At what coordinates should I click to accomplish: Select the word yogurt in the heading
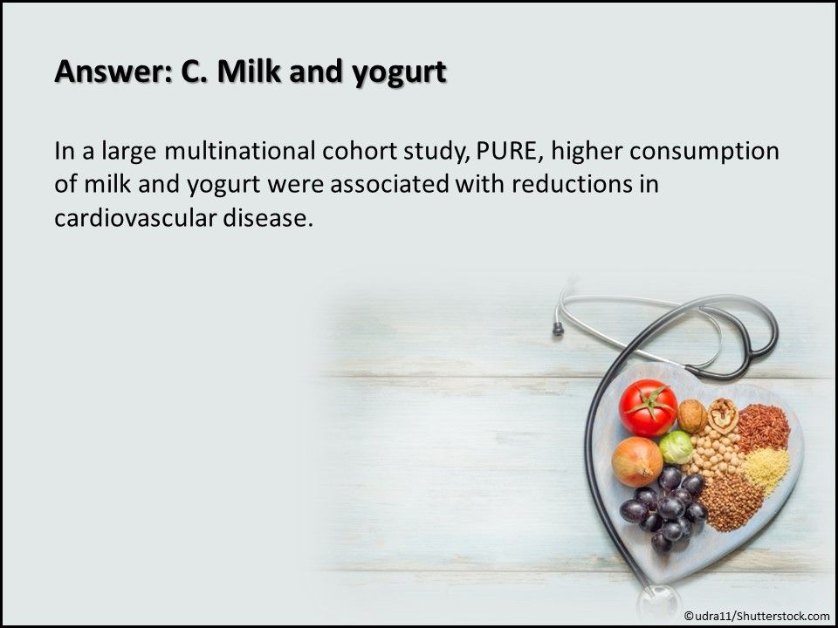399,73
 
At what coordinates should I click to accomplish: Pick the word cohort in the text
359,151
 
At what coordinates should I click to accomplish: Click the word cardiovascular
134,218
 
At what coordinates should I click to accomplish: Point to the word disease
267,218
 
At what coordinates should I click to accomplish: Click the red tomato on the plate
648,408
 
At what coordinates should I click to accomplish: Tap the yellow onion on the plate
637,461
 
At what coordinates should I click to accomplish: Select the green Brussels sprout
676,447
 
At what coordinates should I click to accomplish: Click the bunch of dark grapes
663,509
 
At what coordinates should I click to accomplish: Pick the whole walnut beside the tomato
692,416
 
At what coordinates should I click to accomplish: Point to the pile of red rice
763,427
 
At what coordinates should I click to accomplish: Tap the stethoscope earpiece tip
558,329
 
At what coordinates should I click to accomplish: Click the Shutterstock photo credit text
757,616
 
